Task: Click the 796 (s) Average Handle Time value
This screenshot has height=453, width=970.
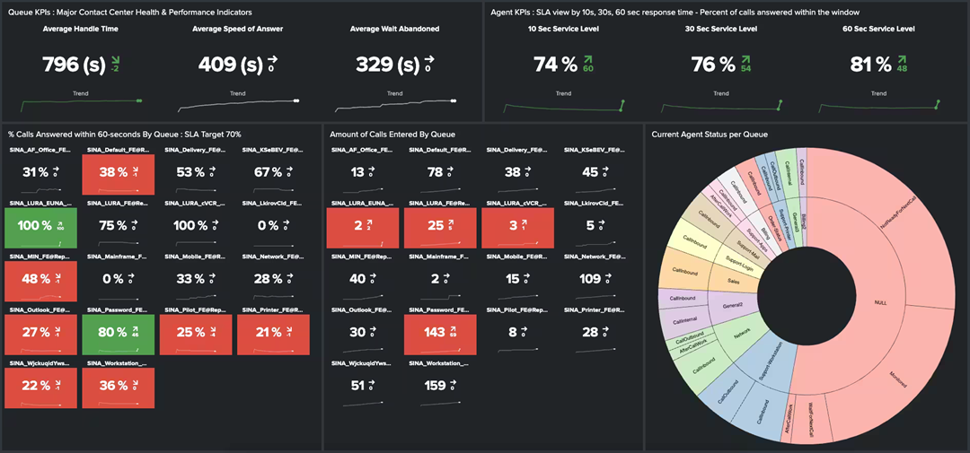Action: click(x=74, y=65)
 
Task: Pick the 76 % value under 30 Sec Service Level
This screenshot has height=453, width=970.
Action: click(x=710, y=65)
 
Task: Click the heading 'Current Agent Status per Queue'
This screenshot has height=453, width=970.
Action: click(x=710, y=135)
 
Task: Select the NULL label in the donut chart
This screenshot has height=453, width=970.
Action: click(x=879, y=302)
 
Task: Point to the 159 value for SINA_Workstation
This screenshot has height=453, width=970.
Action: click(x=435, y=386)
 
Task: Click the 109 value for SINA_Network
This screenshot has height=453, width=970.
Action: click(x=590, y=279)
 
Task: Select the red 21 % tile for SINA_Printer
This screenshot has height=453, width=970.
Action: click(x=273, y=333)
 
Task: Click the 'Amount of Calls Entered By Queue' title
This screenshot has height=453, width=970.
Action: click(x=392, y=135)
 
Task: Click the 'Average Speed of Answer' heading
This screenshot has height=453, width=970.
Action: click(x=237, y=29)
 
